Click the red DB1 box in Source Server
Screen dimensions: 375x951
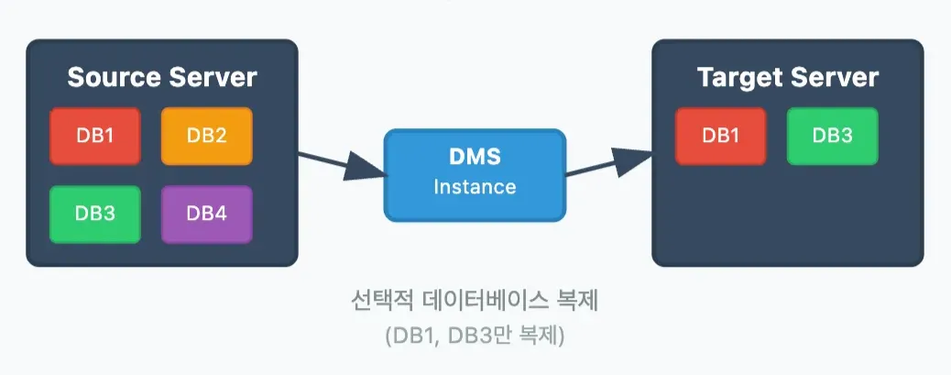click(95, 136)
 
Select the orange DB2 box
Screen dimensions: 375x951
click(206, 136)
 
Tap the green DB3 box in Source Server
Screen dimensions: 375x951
click(95, 214)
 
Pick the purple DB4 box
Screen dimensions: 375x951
click(206, 214)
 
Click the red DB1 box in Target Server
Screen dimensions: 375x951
click(720, 136)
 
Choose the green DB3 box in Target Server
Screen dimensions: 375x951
click(832, 136)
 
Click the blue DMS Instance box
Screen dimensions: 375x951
click(475, 173)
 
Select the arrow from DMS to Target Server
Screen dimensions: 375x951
click(608, 163)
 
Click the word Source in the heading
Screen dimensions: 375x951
click(113, 77)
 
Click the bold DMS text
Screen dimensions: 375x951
click(475, 158)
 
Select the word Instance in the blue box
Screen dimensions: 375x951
click(475, 187)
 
